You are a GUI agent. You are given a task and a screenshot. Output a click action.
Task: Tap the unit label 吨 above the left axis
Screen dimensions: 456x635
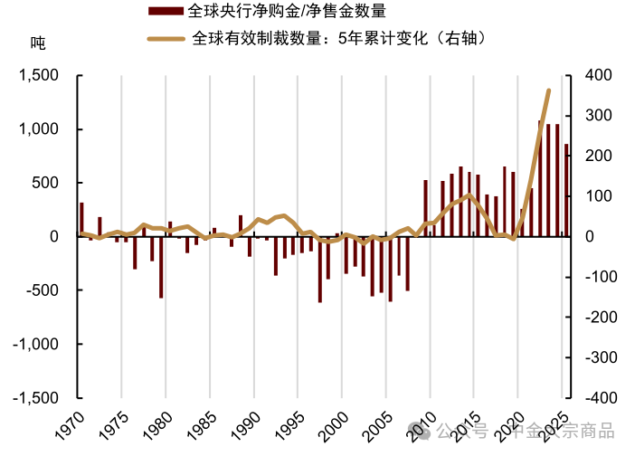[x=37, y=43]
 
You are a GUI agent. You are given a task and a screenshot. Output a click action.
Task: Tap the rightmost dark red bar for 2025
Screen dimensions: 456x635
[x=566, y=190]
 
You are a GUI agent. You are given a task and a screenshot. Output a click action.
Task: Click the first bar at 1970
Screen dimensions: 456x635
[x=81, y=219]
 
